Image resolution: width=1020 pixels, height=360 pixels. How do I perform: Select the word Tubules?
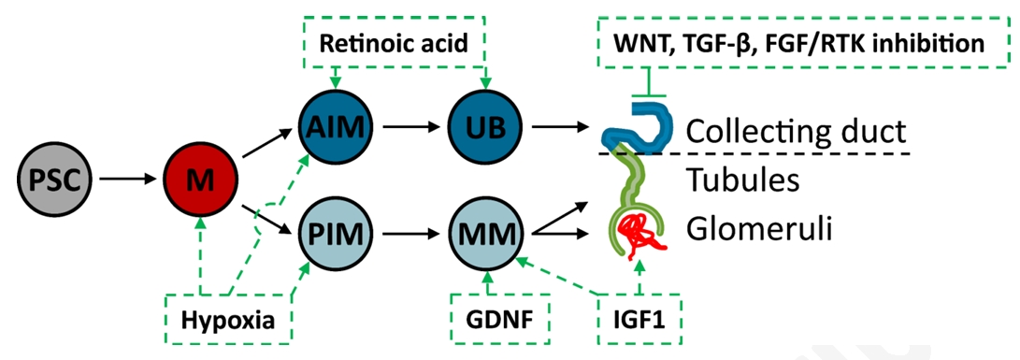743,181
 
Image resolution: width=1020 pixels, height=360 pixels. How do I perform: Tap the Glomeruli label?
759,228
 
